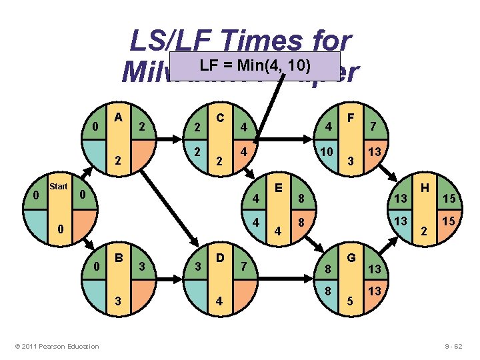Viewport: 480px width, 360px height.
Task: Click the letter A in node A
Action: pos(119,116)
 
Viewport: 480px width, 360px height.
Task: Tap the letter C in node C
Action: pos(219,117)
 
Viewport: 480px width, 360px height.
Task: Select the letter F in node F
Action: pos(351,116)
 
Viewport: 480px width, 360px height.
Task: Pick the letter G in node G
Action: pos(351,257)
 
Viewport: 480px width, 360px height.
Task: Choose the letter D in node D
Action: pos(219,257)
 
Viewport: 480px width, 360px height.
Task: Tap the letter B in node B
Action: pos(119,257)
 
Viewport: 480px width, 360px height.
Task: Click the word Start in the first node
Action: pos(59,186)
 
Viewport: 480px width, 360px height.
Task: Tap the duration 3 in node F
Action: pos(351,159)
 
